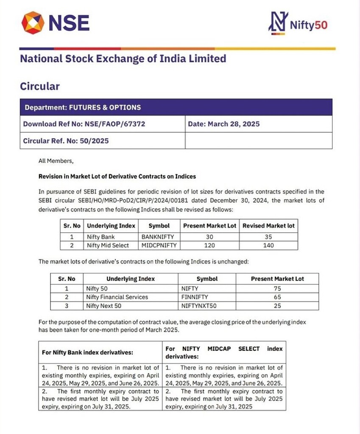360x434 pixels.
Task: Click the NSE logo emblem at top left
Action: point(32,22)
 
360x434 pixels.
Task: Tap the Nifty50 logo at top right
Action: point(298,23)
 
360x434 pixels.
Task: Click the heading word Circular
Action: point(40,86)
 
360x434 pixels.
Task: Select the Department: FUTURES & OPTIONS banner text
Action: point(83,107)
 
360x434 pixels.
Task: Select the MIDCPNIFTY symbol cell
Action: point(159,245)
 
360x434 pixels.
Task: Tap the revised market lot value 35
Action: point(268,237)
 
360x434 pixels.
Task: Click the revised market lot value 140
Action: point(268,245)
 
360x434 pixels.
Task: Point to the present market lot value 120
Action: point(209,245)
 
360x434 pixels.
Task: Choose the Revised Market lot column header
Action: point(268,226)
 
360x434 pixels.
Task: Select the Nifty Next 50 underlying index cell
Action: point(103,306)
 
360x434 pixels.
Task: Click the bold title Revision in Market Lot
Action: point(117,176)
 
